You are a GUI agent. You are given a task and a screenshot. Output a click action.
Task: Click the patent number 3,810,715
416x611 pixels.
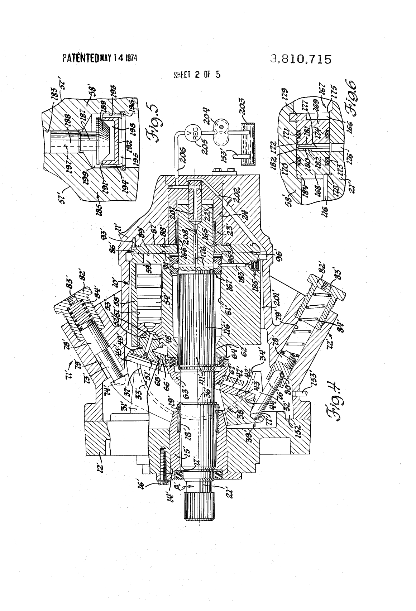[x=301, y=59]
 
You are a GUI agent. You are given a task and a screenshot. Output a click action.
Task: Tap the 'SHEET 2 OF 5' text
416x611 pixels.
[x=197, y=75]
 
